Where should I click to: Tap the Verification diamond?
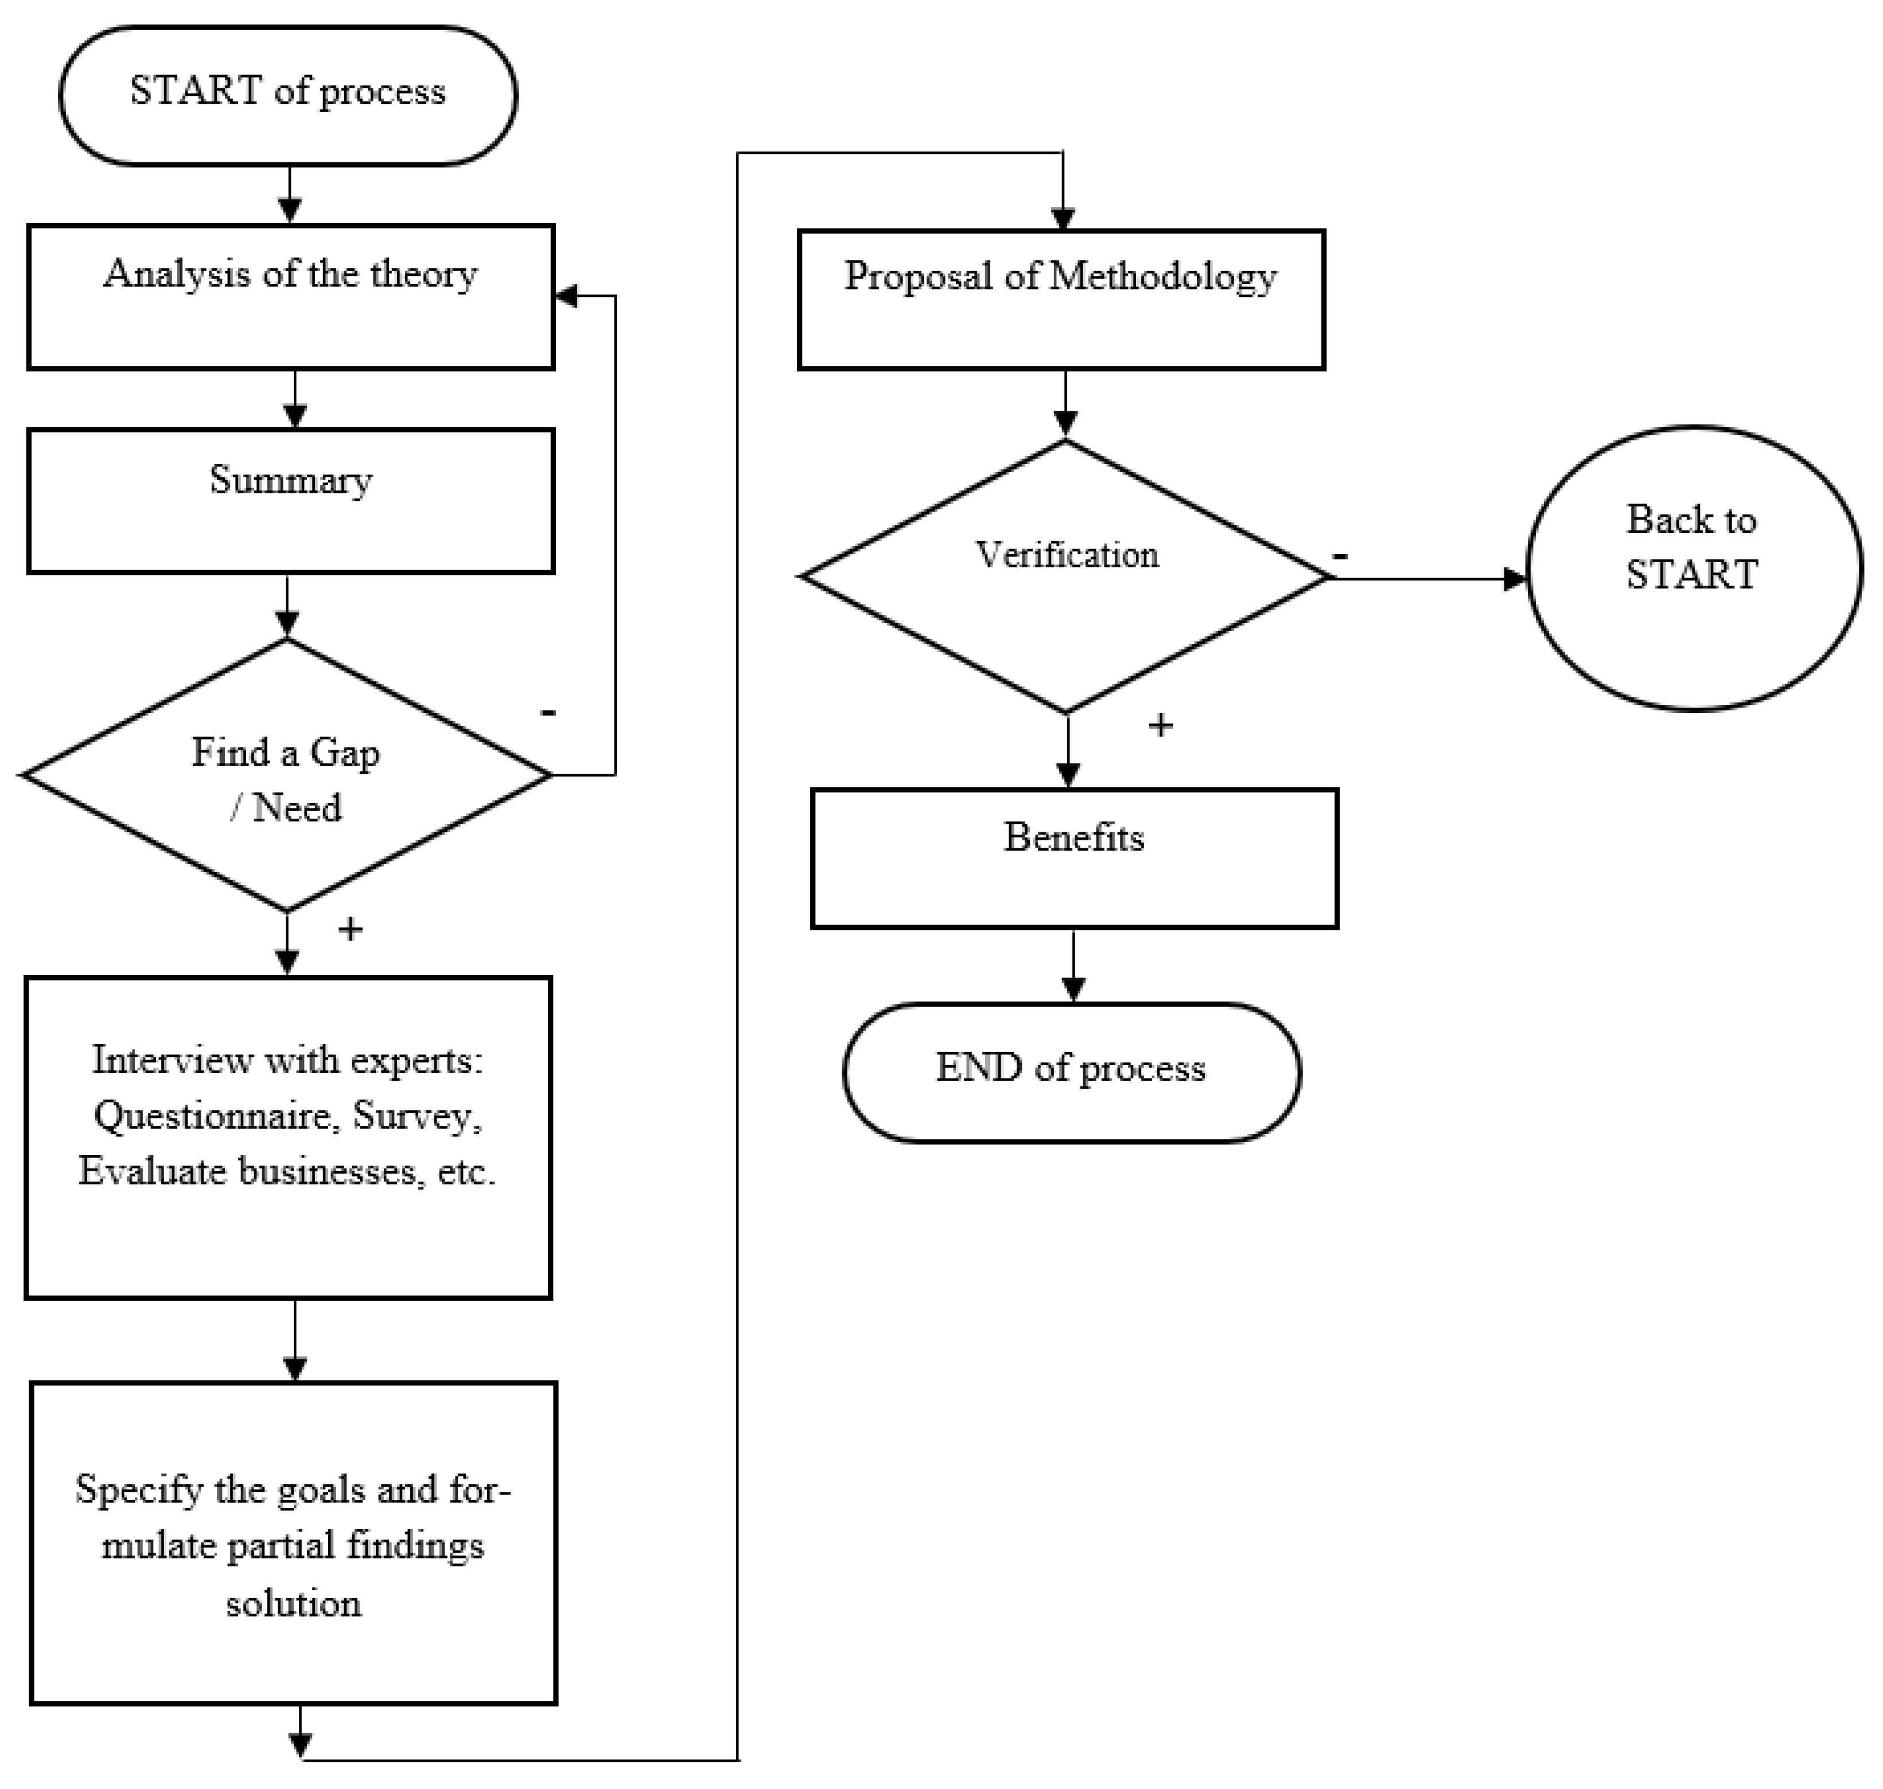pyautogui.click(x=1065, y=576)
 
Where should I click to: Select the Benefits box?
pyautogui.click(x=1074, y=858)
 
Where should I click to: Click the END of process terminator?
pyautogui.click(x=1071, y=1072)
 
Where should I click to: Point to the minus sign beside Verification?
pyautogui.click(x=1340, y=556)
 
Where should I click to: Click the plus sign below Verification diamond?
pyautogui.click(x=1160, y=726)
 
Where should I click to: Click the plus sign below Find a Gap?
pyautogui.click(x=350, y=929)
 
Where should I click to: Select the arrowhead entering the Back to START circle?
pyautogui.click(x=1515, y=578)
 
